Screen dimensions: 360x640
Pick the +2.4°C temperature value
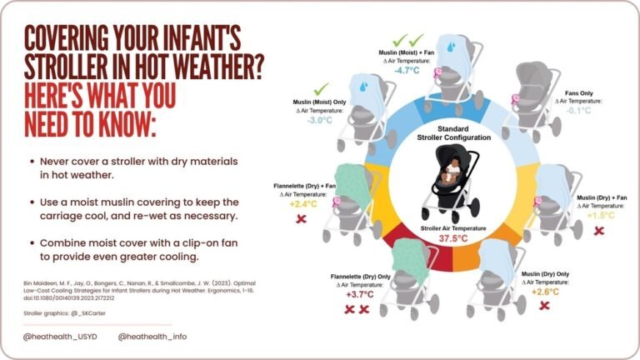click(299, 202)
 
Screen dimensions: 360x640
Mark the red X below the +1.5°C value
click(598, 230)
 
